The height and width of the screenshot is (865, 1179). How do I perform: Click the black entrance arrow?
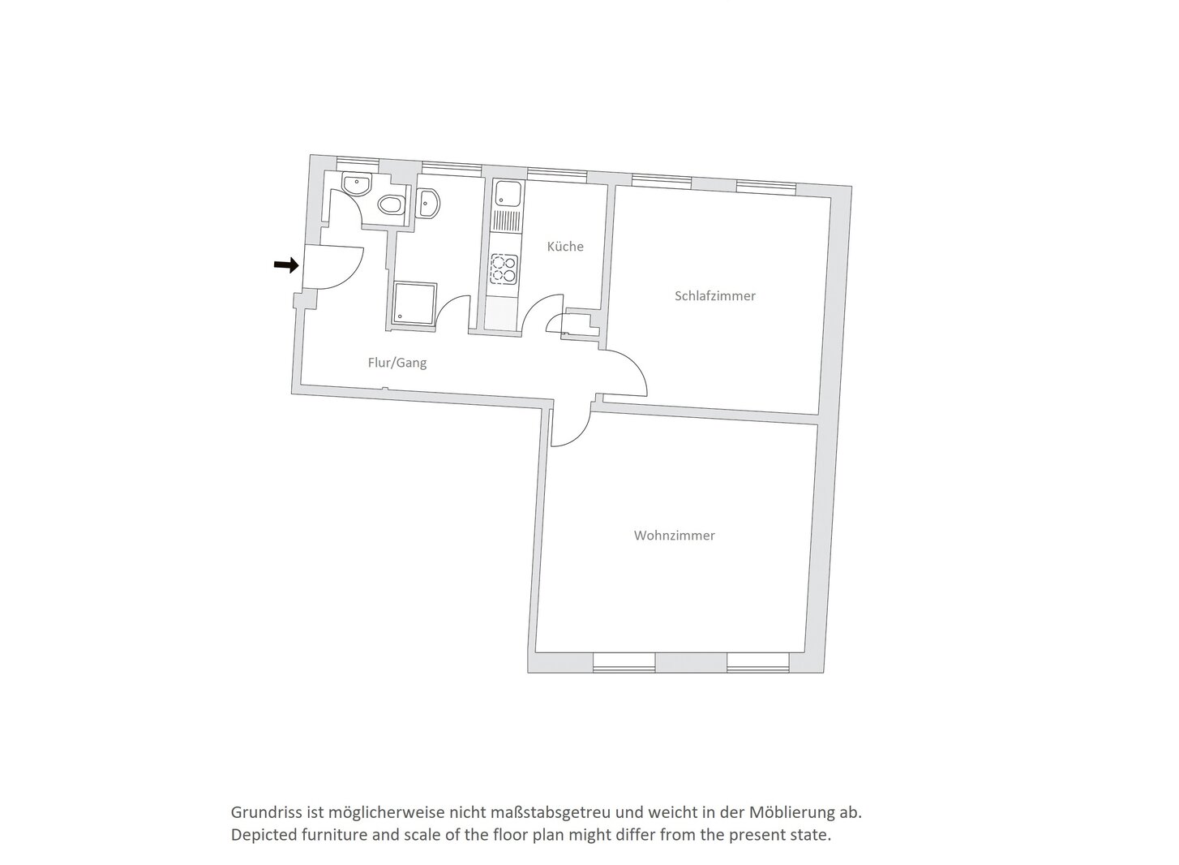click(286, 265)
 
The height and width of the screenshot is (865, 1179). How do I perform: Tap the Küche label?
click(565, 247)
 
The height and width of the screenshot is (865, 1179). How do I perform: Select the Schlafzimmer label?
click(714, 296)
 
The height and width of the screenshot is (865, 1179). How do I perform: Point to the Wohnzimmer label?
click(675, 536)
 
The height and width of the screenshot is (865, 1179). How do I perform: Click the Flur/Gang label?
click(397, 363)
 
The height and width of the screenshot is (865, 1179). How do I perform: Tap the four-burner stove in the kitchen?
click(504, 269)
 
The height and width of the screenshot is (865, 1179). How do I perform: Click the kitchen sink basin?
click(508, 193)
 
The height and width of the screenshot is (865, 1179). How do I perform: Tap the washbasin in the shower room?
click(428, 203)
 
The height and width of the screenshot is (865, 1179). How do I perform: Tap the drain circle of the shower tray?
click(400, 316)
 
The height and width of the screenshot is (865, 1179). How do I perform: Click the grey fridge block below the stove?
click(504, 315)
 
